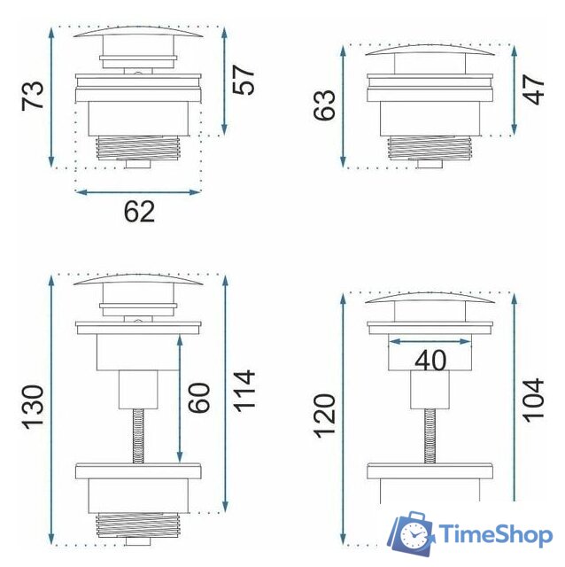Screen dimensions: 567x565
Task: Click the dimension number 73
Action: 33,95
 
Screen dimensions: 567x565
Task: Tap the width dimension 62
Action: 139,211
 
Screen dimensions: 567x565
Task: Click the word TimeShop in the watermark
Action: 496,534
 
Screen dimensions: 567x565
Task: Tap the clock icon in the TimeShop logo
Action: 414,535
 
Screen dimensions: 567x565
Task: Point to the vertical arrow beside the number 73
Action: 52,96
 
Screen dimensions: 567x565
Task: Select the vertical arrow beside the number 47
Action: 512,89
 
